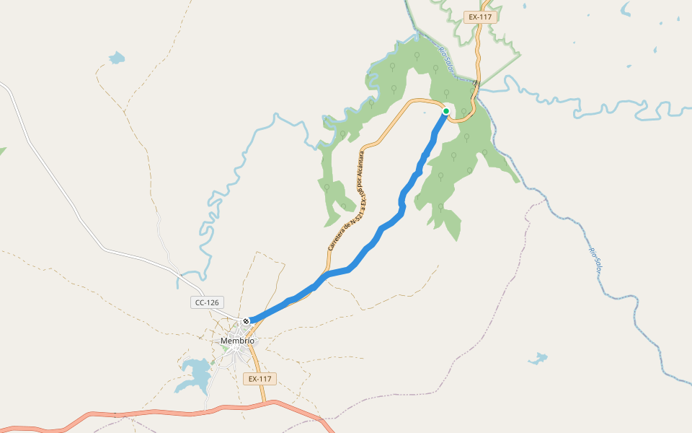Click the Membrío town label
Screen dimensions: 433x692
(237, 341)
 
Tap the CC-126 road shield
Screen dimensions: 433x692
(207, 302)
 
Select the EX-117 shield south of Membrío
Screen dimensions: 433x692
(259, 379)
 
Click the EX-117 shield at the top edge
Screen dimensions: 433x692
(480, 17)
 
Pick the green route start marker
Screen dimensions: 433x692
(446, 111)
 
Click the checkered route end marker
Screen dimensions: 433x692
(247, 320)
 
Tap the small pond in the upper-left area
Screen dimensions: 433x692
(116, 58)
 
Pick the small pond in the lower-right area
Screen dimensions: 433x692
(538, 358)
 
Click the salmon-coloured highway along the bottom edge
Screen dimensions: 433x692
(144, 414)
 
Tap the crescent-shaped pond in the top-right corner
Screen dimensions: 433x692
(625, 9)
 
